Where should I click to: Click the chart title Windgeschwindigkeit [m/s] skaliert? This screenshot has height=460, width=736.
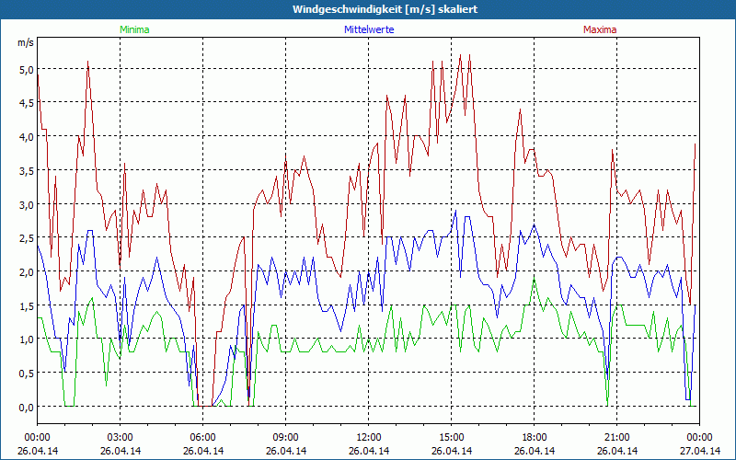click(x=372, y=9)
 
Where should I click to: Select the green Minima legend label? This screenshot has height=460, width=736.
click(x=133, y=29)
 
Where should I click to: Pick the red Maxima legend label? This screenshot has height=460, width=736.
click(x=600, y=29)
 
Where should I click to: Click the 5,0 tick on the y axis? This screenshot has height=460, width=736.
click(x=25, y=69)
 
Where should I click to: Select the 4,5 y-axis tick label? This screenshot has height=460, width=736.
click(x=25, y=103)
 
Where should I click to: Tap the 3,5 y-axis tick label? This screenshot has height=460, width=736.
click(x=25, y=170)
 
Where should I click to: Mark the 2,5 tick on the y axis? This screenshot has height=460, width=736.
click(x=25, y=238)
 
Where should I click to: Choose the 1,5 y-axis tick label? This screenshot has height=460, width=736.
click(x=25, y=305)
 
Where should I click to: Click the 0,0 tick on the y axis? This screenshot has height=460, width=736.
click(x=25, y=407)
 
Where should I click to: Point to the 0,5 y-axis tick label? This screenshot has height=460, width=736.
click(x=25, y=373)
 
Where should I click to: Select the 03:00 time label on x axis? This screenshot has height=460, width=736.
click(x=121, y=437)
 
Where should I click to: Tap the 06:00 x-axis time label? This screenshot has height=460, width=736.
click(x=203, y=437)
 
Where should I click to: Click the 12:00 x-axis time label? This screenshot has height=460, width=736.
click(x=369, y=437)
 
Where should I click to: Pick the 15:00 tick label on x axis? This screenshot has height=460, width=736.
click(x=452, y=437)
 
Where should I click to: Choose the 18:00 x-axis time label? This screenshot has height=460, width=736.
click(x=535, y=437)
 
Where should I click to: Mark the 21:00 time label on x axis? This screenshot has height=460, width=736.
click(x=617, y=437)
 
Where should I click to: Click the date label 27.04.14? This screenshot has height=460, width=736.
click(x=699, y=451)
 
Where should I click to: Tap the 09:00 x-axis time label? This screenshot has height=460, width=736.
click(x=286, y=437)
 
